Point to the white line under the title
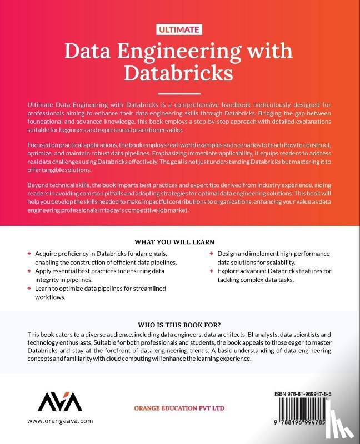[x=179, y=94]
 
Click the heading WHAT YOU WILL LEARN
[x=179, y=242]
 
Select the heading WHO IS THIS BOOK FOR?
[x=179, y=325]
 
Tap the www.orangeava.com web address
[x=59, y=421]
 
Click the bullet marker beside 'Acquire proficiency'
[x=29, y=254]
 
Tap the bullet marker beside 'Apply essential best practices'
[x=29, y=271]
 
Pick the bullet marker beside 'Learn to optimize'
[x=29, y=289]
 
